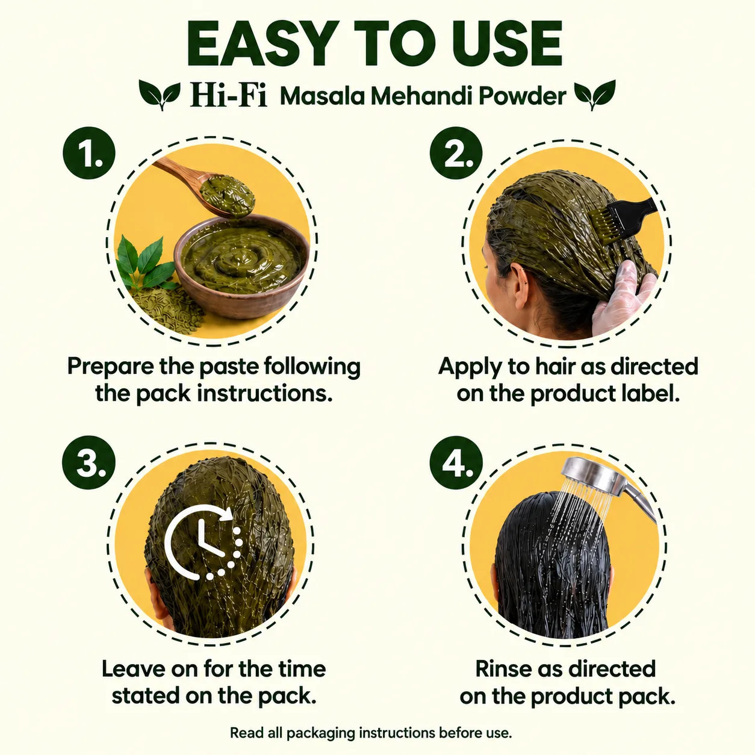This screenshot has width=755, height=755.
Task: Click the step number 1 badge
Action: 89,153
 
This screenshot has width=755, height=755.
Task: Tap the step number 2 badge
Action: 456,153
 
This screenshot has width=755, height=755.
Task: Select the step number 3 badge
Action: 89,462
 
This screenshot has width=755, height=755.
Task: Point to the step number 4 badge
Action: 456,462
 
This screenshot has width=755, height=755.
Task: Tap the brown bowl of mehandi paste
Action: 241,267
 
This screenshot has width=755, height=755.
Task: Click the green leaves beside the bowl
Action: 145,263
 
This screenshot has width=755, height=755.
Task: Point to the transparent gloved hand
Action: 623,298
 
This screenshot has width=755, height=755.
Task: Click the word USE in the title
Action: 509,44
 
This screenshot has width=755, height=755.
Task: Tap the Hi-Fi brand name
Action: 229,96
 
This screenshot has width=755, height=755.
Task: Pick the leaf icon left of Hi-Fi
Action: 160,94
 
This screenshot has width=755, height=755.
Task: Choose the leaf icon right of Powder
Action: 595,94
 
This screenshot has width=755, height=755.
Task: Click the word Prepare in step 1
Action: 111,367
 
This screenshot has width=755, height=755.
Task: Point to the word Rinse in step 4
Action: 503,668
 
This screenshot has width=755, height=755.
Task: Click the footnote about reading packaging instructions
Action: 371,733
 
